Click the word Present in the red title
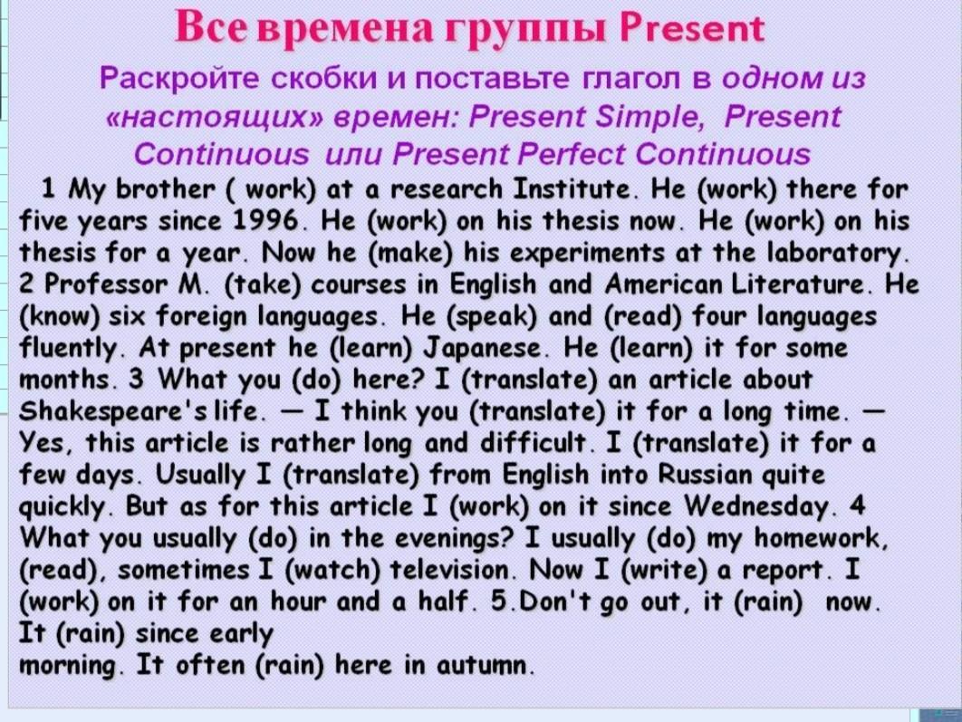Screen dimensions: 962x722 [x=691, y=28]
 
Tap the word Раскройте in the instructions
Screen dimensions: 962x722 [x=178, y=79]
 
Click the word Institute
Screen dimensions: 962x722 [x=572, y=188]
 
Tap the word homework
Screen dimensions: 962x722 [x=821, y=538]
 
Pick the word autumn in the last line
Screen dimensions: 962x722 [x=482, y=665]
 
